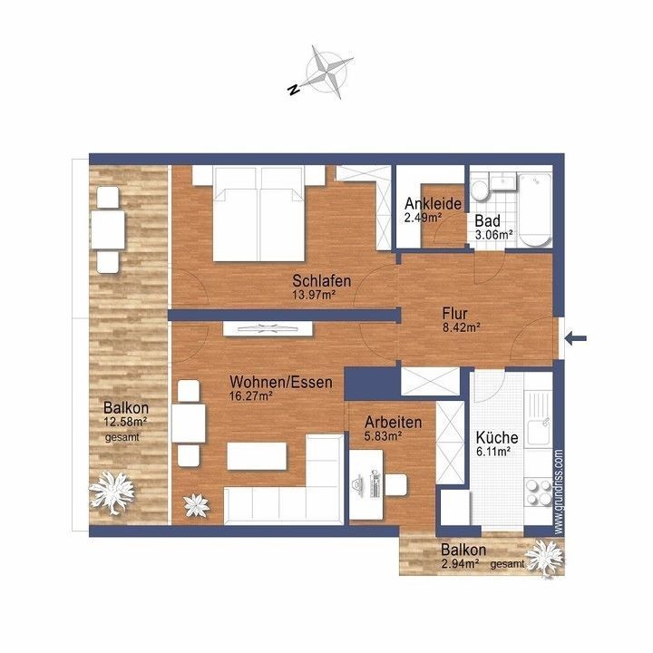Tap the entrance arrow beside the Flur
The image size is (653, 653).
pyautogui.click(x=576, y=338)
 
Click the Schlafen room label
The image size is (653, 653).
pyautogui.click(x=321, y=280)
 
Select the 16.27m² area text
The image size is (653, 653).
pyautogui.click(x=251, y=395)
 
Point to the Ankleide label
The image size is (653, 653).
pyautogui.click(x=434, y=204)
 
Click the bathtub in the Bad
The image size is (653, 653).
pyautogui.click(x=535, y=210)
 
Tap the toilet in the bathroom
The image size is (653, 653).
pyautogui.click(x=480, y=190)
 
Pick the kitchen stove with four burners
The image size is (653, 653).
pyautogui.click(x=538, y=492)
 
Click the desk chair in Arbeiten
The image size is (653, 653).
pyautogui.click(x=395, y=484)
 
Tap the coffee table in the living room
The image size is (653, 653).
pyautogui.click(x=257, y=456)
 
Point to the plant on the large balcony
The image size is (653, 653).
pyautogui.click(x=112, y=492)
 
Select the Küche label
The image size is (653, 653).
pyautogui.click(x=497, y=438)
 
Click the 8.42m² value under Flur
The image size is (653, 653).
pyautogui.click(x=462, y=327)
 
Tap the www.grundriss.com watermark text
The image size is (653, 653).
pyautogui.click(x=559, y=492)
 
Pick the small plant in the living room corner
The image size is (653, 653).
pyautogui.click(x=197, y=505)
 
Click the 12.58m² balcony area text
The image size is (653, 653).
pyautogui.click(x=125, y=422)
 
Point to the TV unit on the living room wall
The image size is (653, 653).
pyautogui.click(x=268, y=329)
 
